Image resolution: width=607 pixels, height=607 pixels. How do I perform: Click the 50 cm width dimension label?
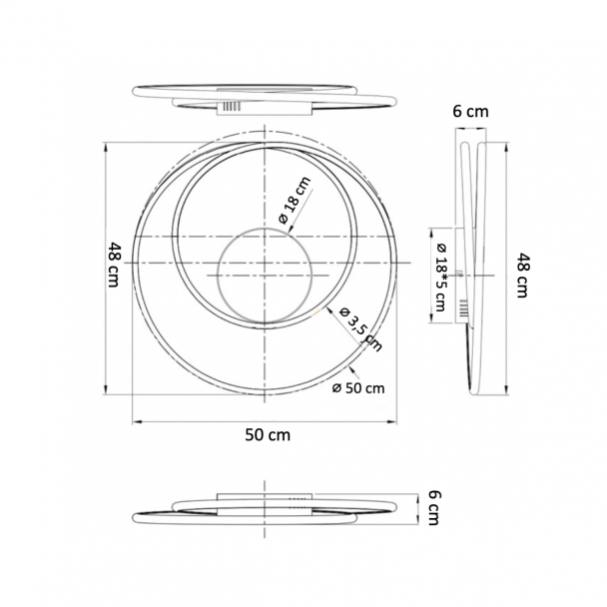click(268, 435)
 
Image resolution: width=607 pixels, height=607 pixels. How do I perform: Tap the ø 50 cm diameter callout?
click(358, 388)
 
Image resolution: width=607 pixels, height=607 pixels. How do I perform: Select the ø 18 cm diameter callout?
click(296, 200)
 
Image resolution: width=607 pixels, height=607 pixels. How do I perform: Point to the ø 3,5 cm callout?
click(360, 329)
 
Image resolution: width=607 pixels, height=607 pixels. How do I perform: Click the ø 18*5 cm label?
click(441, 278)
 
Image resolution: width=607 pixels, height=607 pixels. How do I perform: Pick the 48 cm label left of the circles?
click(114, 265)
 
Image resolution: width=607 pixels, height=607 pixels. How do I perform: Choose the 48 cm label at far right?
click(523, 276)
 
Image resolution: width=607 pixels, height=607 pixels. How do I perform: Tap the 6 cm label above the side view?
click(471, 112)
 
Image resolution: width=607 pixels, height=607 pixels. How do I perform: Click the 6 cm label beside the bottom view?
click(434, 507)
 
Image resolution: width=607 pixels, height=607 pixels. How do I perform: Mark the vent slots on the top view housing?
click(232, 107)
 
